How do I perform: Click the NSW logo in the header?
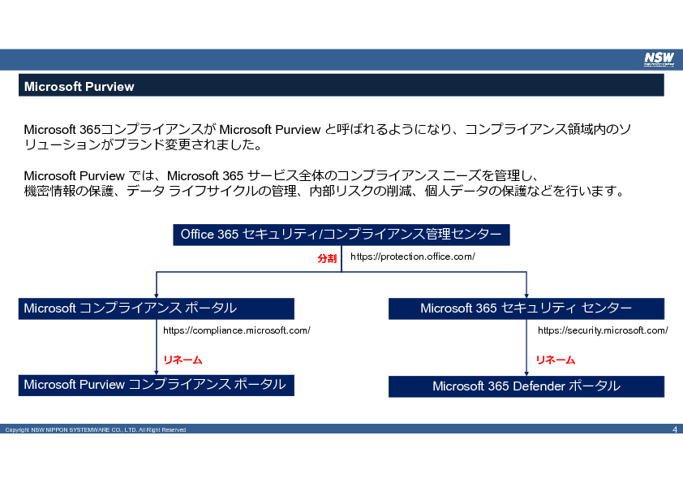coord(659,59)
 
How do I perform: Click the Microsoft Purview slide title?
coord(79,86)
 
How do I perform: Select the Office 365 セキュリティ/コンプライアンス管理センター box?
coord(341,235)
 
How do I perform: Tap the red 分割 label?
coord(327,258)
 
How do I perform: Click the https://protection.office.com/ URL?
coord(413,257)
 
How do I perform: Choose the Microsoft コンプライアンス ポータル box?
coord(157,308)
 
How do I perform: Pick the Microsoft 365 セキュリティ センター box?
coord(526,308)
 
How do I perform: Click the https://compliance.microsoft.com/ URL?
coord(237,330)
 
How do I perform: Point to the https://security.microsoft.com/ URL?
coord(603,330)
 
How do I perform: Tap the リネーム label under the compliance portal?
coord(183,360)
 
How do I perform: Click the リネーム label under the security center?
coord(556,360)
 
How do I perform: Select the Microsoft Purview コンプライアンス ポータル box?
coord(157,386)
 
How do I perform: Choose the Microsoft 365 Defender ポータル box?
coord(526,386)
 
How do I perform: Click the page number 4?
coord(675,429)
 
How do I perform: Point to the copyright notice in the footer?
coord(96,429)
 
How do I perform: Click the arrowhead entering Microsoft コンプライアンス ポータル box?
coord(157,295)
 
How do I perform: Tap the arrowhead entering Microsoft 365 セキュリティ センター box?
coord(526,295)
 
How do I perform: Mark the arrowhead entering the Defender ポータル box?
coord(526,373)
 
